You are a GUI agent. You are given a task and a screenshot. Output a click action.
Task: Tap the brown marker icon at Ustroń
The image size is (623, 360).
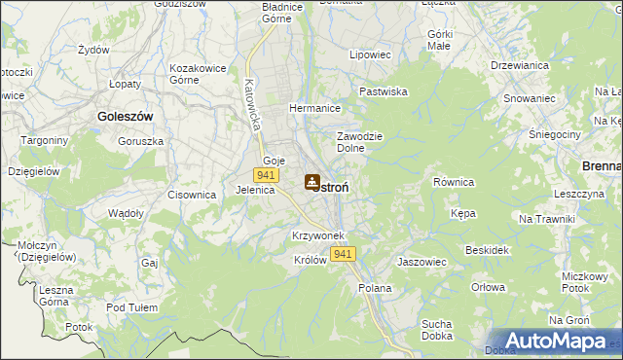pos(311,181)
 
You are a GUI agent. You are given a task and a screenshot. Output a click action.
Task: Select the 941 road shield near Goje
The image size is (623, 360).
pos(264,174)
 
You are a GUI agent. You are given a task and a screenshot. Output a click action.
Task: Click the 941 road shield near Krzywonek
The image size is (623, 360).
pos(342,254)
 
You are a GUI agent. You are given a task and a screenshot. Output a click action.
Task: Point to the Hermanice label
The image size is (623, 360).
pos(313,108)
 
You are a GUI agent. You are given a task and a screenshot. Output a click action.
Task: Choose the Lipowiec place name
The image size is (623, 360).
pos(370,54)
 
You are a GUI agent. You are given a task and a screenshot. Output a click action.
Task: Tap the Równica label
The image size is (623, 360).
pos(453,182)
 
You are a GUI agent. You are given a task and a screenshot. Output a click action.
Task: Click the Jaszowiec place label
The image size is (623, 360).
pos(421,262)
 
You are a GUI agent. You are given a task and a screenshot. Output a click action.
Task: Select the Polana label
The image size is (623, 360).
pos(375,288)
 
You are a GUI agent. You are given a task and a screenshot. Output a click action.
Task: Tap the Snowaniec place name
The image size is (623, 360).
pos(530,98)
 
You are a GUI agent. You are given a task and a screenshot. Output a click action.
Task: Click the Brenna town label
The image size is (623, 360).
pos(601,166)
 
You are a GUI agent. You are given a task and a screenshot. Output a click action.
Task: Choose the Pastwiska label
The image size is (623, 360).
pos(383,90)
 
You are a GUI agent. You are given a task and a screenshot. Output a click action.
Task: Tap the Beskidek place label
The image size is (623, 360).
pos(488,250)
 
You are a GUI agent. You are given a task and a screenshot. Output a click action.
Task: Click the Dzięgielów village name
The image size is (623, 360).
pos(33,170)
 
